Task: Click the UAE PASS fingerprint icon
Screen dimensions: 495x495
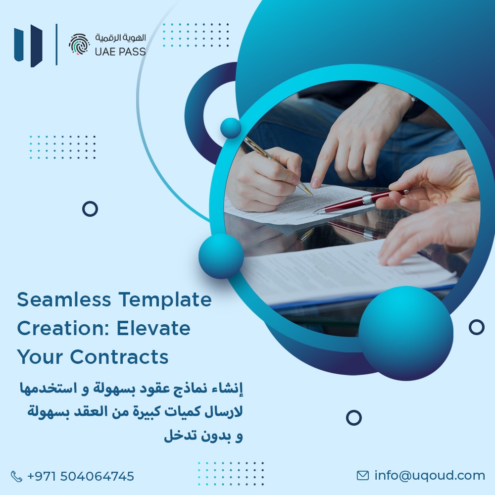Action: point(79,45)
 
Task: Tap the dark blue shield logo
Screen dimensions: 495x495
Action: point(29,45)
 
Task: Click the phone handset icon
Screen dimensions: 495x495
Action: point(17,477)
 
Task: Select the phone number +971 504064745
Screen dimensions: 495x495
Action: point(81,477)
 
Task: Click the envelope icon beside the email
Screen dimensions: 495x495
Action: point(363,476)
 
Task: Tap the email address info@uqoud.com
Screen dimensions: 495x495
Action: point(430,476)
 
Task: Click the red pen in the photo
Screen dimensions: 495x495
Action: point(361,200)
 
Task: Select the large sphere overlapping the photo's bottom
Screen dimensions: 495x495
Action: point(405,327)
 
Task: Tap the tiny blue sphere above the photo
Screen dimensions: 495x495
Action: point(231,128)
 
